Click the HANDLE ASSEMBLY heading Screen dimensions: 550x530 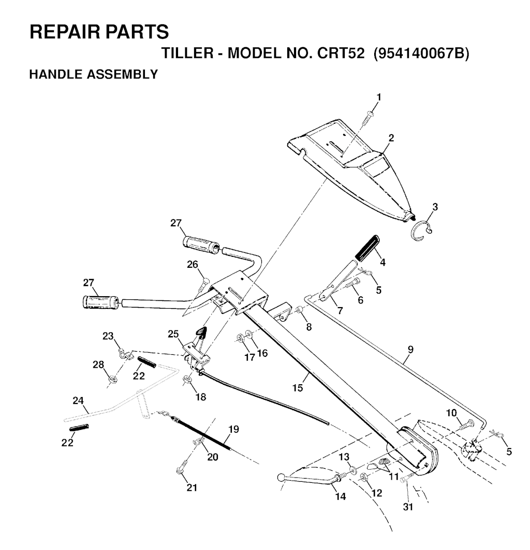coord(93,75)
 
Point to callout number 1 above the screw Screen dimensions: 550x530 coord(379,97)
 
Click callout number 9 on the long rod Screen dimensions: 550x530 coord(410,349)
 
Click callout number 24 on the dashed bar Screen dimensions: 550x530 coord(78,400)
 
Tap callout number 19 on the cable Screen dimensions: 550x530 coord(233,429)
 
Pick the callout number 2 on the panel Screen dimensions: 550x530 coord(391,138)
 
